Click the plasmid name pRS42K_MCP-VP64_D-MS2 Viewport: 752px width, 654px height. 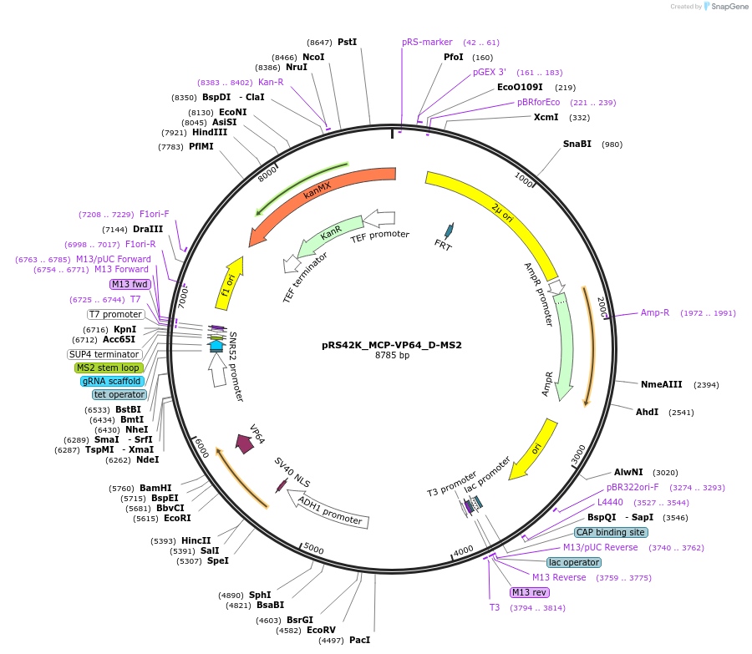point(391,344)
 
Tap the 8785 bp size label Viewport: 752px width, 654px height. point(391,356)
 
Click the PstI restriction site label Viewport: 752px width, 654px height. point(347,42)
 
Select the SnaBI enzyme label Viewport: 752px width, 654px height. point(577,144)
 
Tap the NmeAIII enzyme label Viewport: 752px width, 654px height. point(661,384)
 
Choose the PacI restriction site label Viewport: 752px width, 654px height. point(359,640)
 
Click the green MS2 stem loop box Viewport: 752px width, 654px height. point(109,368)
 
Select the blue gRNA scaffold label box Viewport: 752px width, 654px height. point(112,381)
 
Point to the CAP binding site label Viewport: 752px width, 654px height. point(610,532)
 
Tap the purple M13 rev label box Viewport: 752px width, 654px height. point(530,592)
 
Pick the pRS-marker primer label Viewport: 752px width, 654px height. point(427,42)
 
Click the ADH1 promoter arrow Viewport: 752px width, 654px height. point(330,510)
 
